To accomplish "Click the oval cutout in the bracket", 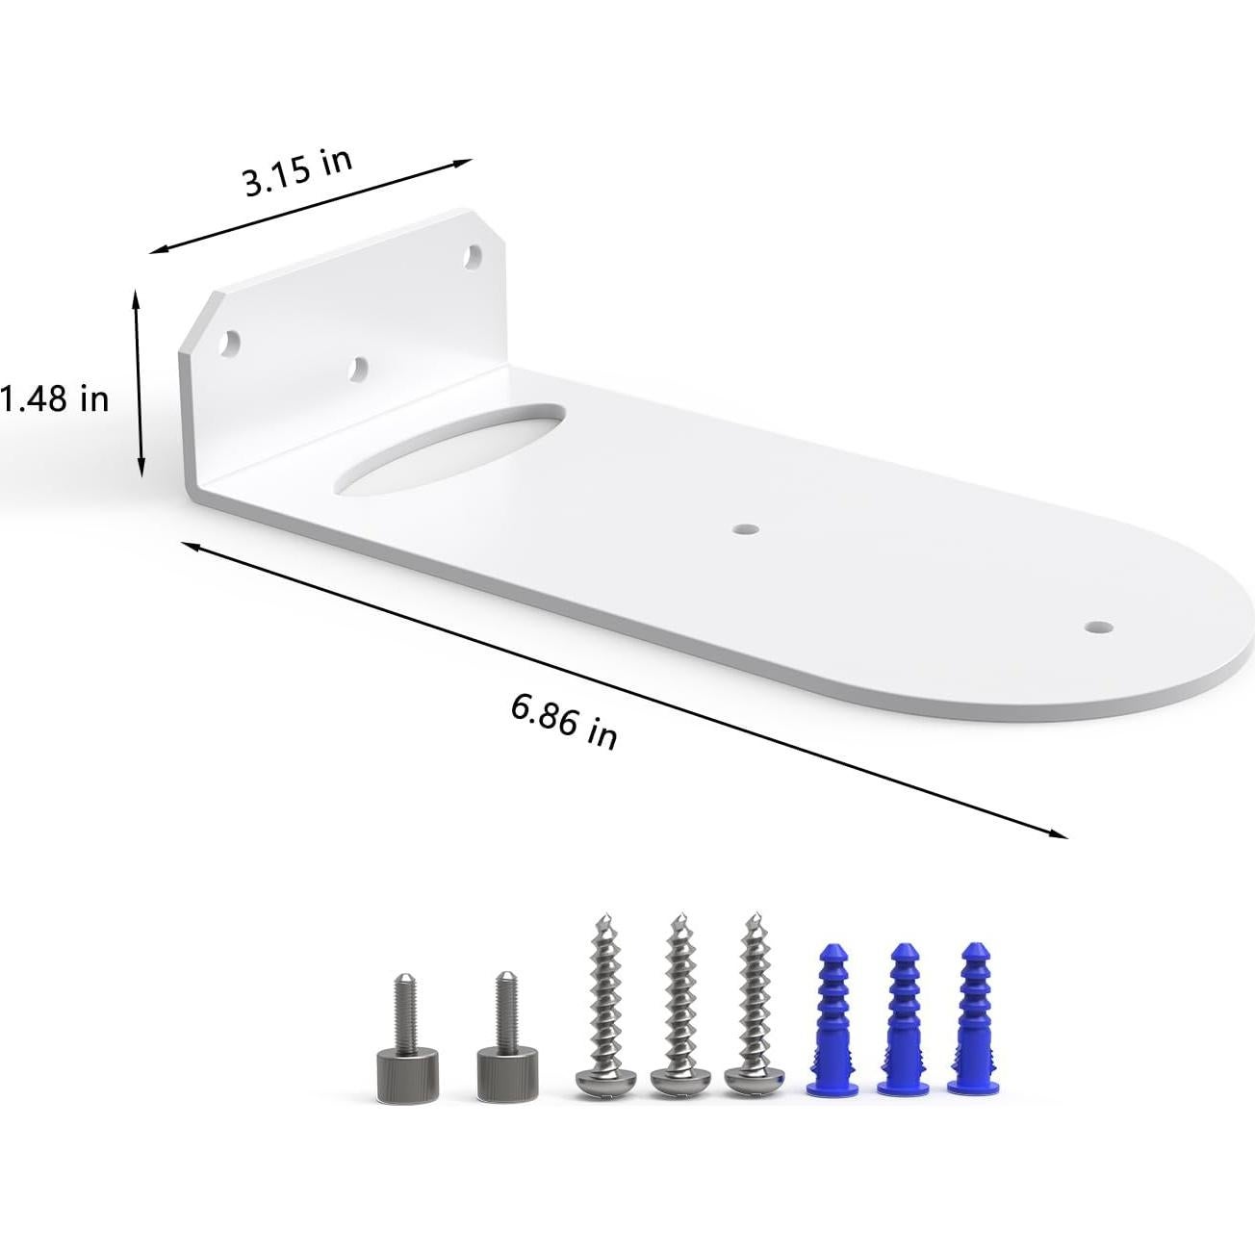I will [450, 448].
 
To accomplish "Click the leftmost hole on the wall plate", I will [231, 340].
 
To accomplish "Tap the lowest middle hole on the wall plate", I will [358, 368].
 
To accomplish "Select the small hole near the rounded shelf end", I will [1095, 627].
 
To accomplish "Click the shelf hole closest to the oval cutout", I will [744, 529].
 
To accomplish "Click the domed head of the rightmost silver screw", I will [752, 1084].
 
